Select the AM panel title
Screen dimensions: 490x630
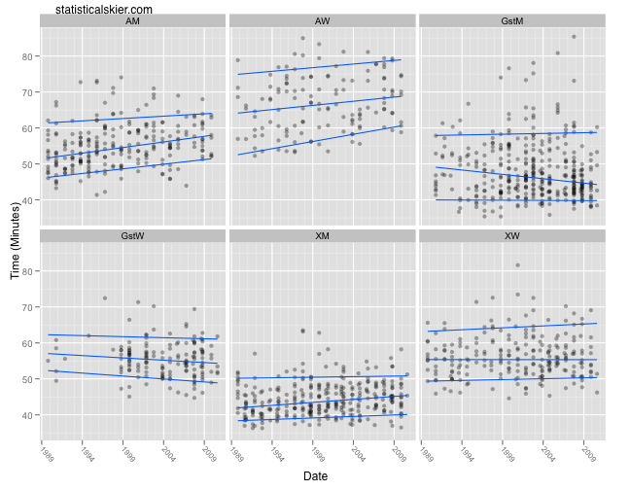(x=131, y=20)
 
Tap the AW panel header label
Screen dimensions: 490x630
(x=322, y=20)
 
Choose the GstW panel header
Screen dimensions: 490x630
(x=131, y=236)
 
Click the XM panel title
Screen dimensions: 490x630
(x=322, y=236)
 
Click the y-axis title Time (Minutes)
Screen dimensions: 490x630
(x=15, y=241)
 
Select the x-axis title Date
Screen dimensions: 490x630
(x=314, y=476)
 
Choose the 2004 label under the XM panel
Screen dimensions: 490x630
(x=359, y=453)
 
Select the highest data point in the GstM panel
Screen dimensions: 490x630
(x=574, y=37)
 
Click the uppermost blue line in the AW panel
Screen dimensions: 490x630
(x=321, y=67)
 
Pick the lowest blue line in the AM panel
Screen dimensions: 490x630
(x=131, y=167)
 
